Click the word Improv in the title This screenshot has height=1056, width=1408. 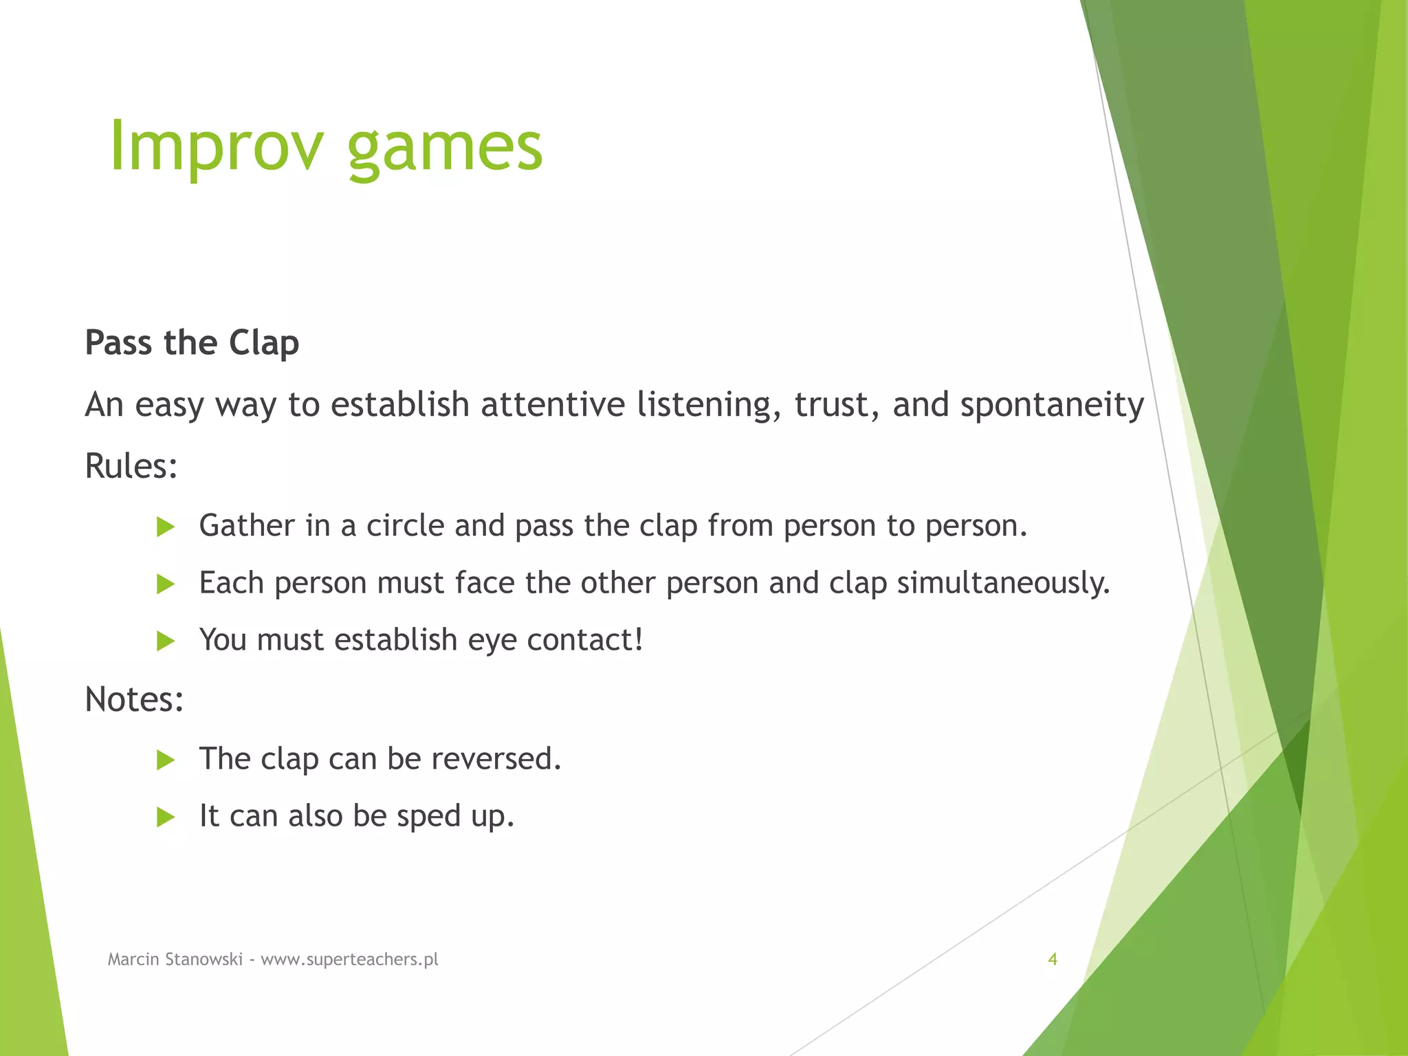click(x=215, y=146)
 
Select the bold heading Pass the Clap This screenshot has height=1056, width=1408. click(x=192, y=342)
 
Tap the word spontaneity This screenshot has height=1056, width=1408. click(x=1052, y=406)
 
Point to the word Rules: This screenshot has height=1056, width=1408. click(x=131, y=466)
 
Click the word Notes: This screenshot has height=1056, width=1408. click(x=134, y=700)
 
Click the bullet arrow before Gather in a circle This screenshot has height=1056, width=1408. click(x=165, y=527)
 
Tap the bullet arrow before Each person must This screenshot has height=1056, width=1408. click(x=165, y=584)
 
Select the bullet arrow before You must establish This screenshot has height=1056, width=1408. click(x=165, y=641)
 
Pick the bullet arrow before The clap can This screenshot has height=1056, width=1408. click(x=165, y=760)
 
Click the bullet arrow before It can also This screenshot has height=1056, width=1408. click(x=165, y=817)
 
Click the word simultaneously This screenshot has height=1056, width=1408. click(x=1003, y=584)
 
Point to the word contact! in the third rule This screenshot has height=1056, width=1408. click(x=585, y=640)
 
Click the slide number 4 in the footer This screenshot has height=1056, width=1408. click(x=1052, y=959)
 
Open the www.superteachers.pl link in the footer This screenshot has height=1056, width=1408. click(x=349, y=959)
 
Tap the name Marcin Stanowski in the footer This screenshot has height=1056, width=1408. click(x=175, y=959)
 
